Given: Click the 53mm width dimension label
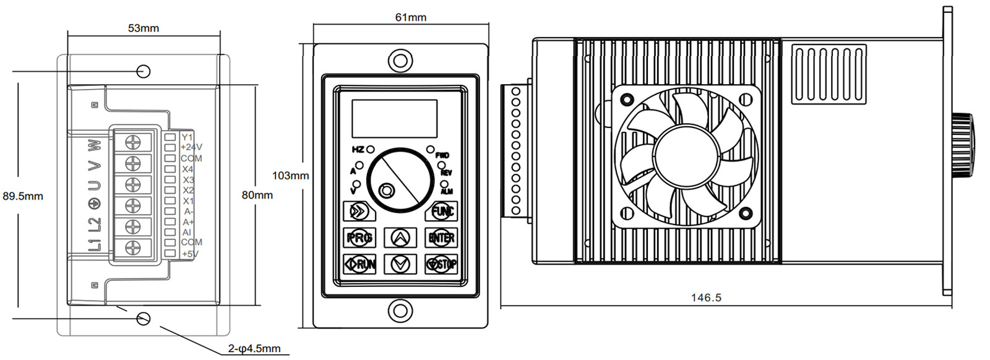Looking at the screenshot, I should click(143, 28).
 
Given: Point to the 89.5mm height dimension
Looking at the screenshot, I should click(23, 196).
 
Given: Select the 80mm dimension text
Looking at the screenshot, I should click(257, 195).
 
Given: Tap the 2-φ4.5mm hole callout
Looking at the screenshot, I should click(254, 349).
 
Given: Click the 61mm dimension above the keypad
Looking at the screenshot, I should click(411, 17).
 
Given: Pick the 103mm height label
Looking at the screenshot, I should click(290, 176).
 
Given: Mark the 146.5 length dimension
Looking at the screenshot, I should click(706, 298).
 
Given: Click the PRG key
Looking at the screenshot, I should click(359, 238).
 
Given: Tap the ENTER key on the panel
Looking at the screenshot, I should click(441, 238).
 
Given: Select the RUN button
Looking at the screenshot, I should click(359, 264).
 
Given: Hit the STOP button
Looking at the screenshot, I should click(441, 264).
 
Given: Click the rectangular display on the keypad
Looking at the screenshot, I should click(394, 118).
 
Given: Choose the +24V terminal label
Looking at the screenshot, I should click(191, 147).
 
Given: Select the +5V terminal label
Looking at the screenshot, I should click(189, 254).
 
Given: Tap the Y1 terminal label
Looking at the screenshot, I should click(187, 137).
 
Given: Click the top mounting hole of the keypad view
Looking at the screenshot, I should click(400, 61).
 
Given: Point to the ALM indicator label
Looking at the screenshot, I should click(446, 191).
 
